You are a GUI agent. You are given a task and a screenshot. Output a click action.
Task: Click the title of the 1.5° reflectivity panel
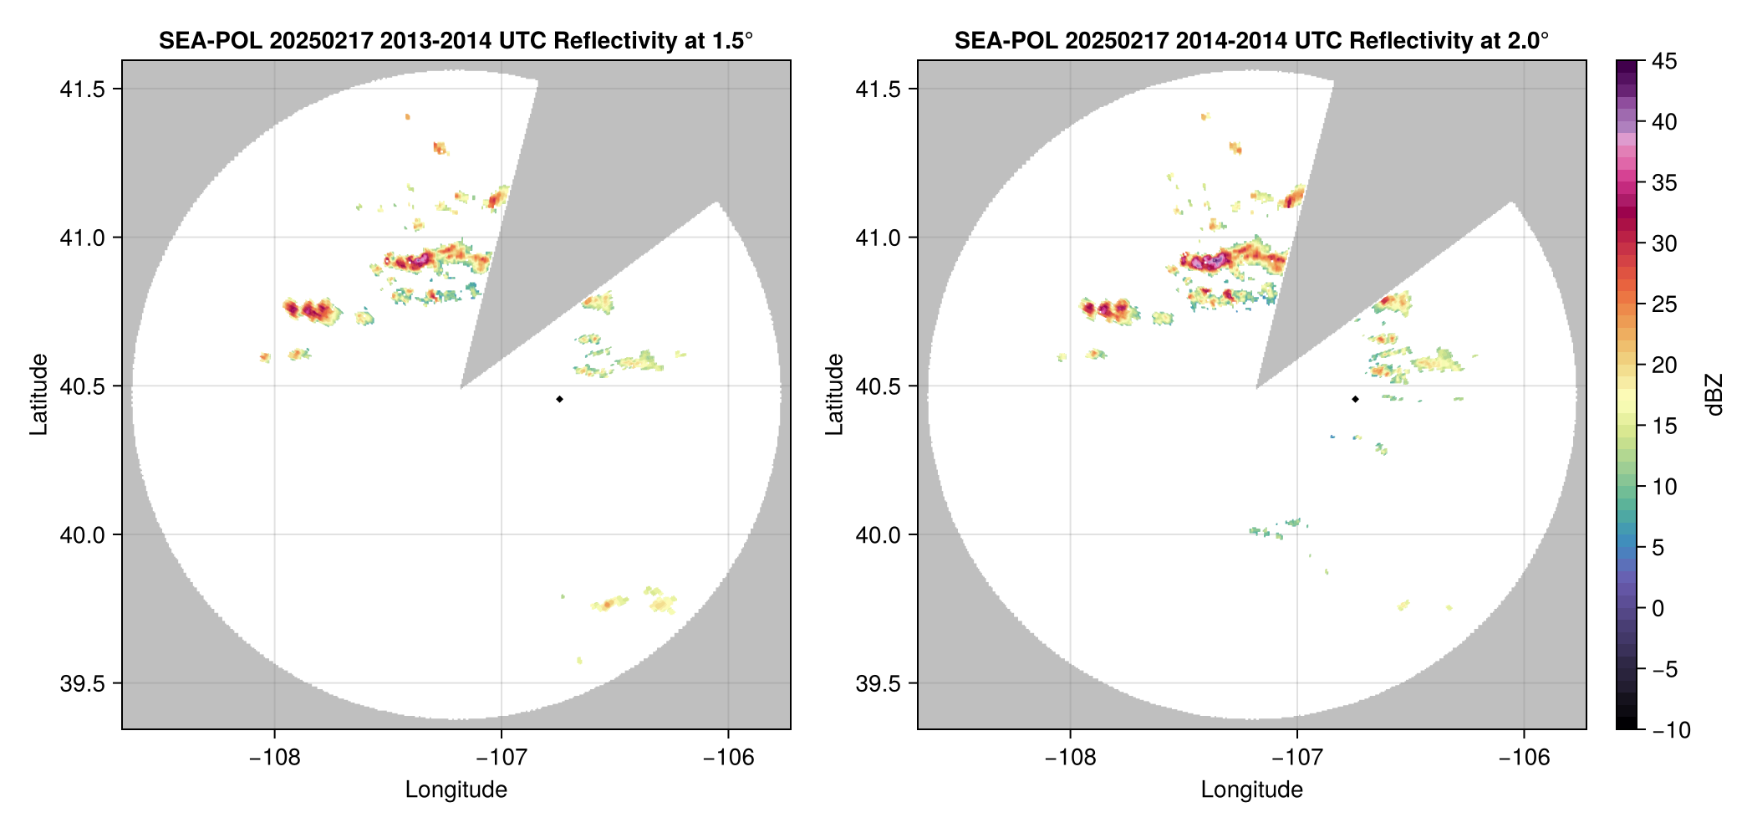[x=456, y=40]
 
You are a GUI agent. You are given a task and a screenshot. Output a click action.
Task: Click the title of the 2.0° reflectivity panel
[x=1251, y=40]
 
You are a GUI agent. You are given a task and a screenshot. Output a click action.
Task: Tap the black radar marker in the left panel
[x=559, y=399]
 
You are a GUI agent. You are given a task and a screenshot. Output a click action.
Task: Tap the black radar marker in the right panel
[x=1355, y=399]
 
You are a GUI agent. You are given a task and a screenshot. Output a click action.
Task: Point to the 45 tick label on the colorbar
[x=1663, y=61]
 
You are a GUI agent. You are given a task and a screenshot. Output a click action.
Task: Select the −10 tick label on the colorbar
[x=1671, y=730]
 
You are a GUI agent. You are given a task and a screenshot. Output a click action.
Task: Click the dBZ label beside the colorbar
[x=1714, y=395]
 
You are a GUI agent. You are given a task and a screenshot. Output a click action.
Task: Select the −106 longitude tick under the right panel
[x=1525, y=758]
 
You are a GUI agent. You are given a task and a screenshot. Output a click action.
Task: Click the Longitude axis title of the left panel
[x=456, y=790]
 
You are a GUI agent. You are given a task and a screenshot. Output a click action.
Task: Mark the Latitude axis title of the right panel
[x=834, y=395]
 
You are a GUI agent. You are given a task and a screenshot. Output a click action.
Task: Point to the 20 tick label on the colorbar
[x=1663, y=365]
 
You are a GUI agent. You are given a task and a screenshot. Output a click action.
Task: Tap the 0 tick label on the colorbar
[x=1658, y=609]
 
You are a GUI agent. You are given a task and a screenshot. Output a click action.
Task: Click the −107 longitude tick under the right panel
[x=1297, y=758]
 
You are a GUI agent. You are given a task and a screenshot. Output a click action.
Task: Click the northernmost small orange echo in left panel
[x=407, y=117]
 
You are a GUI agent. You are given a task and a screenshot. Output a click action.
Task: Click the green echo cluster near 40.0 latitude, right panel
[x=1276, y=529]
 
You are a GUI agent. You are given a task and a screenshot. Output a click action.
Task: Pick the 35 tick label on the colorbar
[x=1663, y=183]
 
